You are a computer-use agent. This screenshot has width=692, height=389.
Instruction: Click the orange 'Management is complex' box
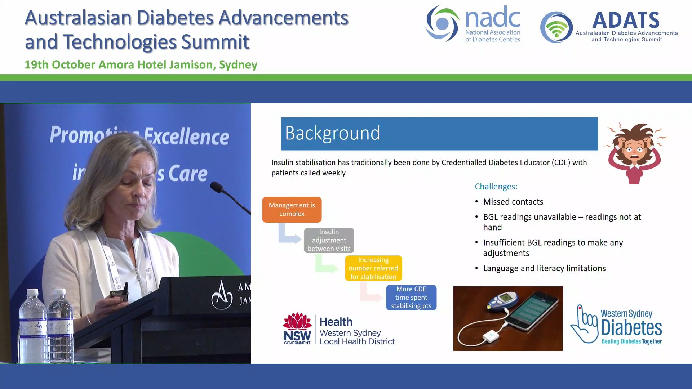292,209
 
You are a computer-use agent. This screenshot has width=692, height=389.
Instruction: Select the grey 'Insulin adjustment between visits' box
329,240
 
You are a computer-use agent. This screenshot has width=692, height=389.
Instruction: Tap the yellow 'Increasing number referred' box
373,268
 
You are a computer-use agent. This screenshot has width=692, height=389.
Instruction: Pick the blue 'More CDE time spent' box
411,298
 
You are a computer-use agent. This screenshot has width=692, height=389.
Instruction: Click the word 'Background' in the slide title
332,133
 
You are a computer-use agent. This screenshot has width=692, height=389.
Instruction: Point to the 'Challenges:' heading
496,187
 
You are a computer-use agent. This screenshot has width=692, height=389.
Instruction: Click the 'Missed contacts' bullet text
513,202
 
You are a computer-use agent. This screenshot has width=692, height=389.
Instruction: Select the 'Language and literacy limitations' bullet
544,268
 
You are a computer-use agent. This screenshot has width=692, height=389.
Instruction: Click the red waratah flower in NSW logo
297,321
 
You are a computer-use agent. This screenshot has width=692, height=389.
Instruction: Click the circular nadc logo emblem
442,24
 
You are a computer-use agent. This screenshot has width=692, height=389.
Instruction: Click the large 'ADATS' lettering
626,20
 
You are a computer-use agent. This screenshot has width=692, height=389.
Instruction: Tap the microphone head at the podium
217,187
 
